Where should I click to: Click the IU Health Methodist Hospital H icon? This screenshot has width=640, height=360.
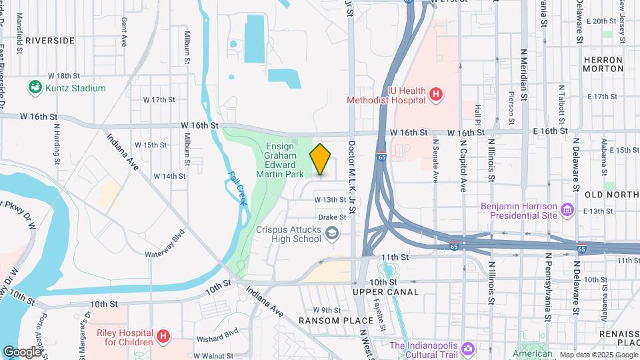[x=435, y=95]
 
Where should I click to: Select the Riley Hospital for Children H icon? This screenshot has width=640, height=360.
[x=163, y=337]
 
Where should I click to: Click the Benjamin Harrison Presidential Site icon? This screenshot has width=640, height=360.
[x=567, y=211]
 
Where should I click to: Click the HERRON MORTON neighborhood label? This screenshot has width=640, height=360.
[x=603, y=64]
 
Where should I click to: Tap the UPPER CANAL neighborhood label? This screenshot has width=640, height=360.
[x=386, y=292]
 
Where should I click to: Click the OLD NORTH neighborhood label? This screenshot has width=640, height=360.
[x=611, y=194]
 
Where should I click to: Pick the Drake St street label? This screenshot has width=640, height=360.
[x=332, y=217]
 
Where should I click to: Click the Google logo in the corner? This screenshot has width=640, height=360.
[x=21, y=351]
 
